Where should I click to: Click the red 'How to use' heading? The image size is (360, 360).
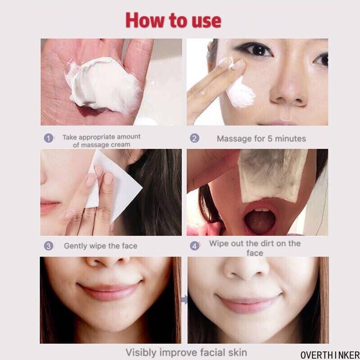pyautogui.click(x=173, y=21)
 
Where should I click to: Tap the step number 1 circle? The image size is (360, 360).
pyautogui.click(x=49, y=138)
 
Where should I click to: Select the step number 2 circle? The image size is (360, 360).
pyautogui.click(x=194, y=138)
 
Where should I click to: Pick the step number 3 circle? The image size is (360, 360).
pyautogui.click(x=49, y=246)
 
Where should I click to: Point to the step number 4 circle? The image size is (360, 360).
pyautogui.click(x=194, y=246)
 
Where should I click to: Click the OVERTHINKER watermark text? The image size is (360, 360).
pyautogui.click(x=330, y=355)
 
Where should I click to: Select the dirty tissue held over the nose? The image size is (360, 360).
pyautogui.click(x=272, y=175)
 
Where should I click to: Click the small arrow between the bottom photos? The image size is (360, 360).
pyautogui.click(x=184, y=300)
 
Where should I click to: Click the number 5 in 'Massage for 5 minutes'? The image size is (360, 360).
pyautogui.click(x=270, y=139)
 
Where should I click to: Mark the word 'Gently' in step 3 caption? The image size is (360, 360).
pyautogui.click(x=75, y=246)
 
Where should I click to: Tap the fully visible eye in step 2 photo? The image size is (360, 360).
pyautogui.click(x=256, y=49)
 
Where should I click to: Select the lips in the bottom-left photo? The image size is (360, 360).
pyautogui.click(x=110, y=290)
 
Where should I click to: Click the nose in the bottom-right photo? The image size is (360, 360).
pyautogui.click(x=246, y=267)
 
